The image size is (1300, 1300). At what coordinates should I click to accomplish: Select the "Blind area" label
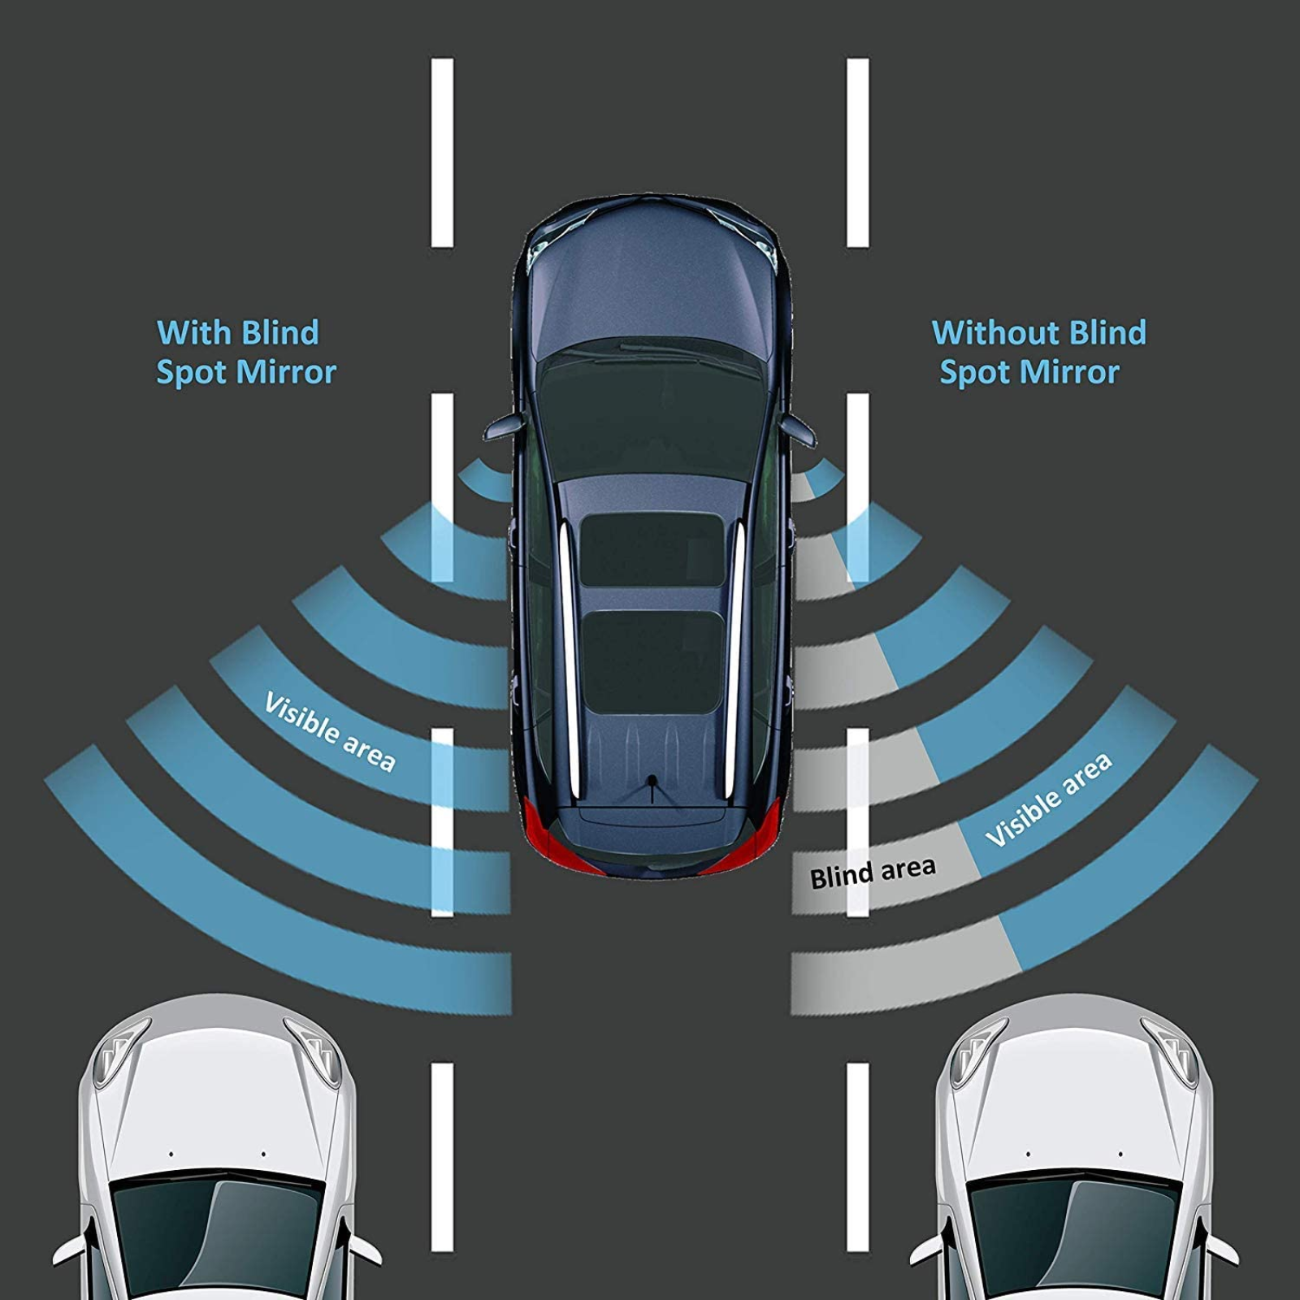[873, 873]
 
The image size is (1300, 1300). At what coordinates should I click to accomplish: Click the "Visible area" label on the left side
[330, 732]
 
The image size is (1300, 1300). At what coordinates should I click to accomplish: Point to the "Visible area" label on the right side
[1048, 799]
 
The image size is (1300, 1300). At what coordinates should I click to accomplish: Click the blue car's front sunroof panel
[652, 550]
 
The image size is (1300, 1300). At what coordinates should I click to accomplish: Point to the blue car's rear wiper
[651, 788]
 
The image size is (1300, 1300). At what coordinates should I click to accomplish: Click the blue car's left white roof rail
[567, 658]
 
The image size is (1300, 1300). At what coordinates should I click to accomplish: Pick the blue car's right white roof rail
[736, 658]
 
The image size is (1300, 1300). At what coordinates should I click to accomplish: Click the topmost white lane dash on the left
[442, 152]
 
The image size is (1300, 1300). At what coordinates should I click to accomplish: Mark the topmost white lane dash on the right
[857, 152]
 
